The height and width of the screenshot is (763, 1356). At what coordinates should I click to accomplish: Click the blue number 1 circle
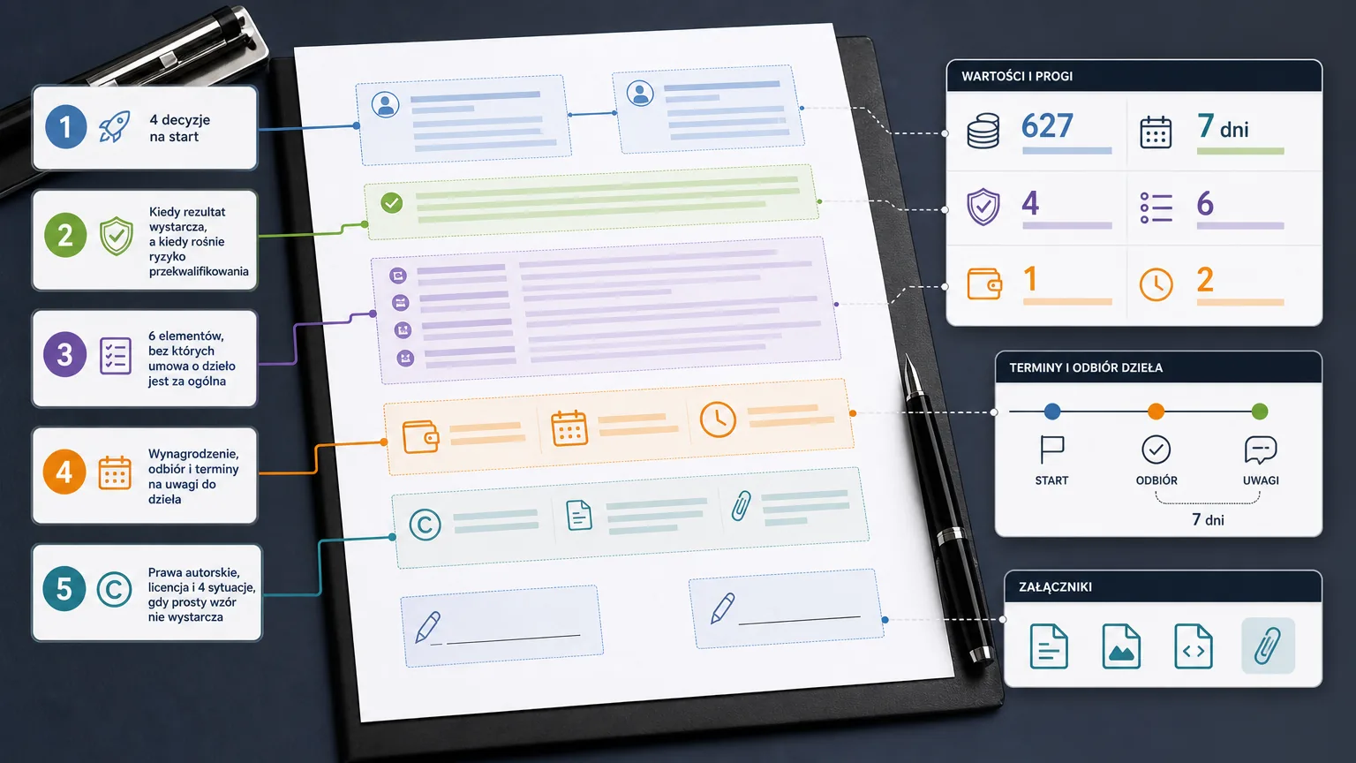click(x=66, y=127)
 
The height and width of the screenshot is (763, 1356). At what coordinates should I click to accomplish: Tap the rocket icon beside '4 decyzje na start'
click(x=115, y=126)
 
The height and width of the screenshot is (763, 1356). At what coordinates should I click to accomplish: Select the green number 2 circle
click(x=65, y=235)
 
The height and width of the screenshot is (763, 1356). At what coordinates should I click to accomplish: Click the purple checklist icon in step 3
click(x=116, y=356)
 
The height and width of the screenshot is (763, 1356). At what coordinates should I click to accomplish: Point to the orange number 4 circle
click(x=64, y=472)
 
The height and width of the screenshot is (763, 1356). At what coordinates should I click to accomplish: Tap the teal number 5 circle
click(x=64, y=589)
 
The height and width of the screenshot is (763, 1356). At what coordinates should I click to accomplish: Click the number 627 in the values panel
click(x=1047, y=126)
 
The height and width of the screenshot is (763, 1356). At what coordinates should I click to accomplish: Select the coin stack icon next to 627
click(x=983, y=131)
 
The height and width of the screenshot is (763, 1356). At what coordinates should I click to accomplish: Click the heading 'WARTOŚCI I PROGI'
click(x=1017, y=76)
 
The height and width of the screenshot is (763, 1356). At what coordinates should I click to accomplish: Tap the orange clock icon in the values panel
click(x=1156, y=284)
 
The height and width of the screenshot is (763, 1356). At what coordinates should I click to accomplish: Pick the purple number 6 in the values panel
click(x=1205, y=203)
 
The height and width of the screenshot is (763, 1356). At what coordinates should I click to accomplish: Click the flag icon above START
click(x=1051, y=449)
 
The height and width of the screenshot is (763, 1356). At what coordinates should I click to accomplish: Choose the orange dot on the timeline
click(x=1156, y=412)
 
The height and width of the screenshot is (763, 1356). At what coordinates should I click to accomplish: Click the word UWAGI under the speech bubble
click(x=1261, y=480)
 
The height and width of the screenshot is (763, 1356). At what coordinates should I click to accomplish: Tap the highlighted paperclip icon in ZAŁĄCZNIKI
click(x=1268, y=646)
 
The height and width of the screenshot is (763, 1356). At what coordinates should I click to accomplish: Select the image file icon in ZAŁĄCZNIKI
click(x=1121, y=646)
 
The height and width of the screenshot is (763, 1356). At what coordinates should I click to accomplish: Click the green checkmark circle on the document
click(x=392, y=202)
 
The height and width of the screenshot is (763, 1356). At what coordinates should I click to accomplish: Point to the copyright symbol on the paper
click(x=425, y=525)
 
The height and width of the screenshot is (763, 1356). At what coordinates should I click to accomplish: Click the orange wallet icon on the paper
click(x=421, y=436)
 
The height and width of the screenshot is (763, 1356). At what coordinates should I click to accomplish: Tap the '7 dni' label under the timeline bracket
click(x=1208, y=519)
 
